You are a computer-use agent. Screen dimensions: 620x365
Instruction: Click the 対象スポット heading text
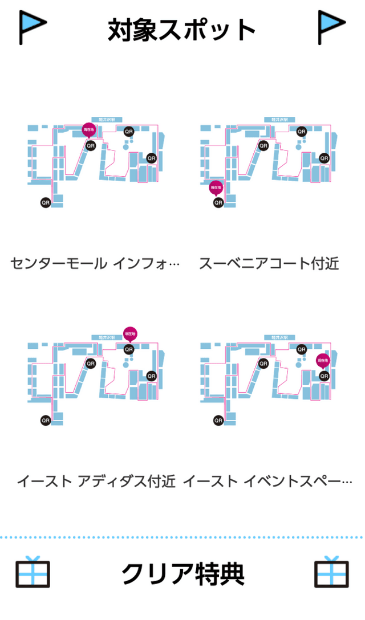tap(182, 30)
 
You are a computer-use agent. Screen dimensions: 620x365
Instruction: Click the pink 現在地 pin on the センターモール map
tap(88, 130)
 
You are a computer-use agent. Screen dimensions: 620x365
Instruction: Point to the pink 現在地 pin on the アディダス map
tap(130, 334)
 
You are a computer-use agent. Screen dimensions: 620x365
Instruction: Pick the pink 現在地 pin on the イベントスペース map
tap(323, 361)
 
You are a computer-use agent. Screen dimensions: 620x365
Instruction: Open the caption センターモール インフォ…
tap(95, 263)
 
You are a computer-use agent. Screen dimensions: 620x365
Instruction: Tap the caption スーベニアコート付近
tap(269, 263)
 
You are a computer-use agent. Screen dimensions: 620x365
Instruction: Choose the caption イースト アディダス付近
tap(95, 481)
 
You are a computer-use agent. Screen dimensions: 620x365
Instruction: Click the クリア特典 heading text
tap(182, 574)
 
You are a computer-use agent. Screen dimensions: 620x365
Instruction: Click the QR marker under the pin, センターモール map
tap(90, 146)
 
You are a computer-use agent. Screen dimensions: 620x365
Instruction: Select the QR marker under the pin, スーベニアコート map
tap(218, 202)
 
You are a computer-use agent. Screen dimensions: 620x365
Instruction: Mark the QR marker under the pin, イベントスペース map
tap(324, 376)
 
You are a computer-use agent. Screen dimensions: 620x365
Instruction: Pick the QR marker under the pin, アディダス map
tap(129, 349)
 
